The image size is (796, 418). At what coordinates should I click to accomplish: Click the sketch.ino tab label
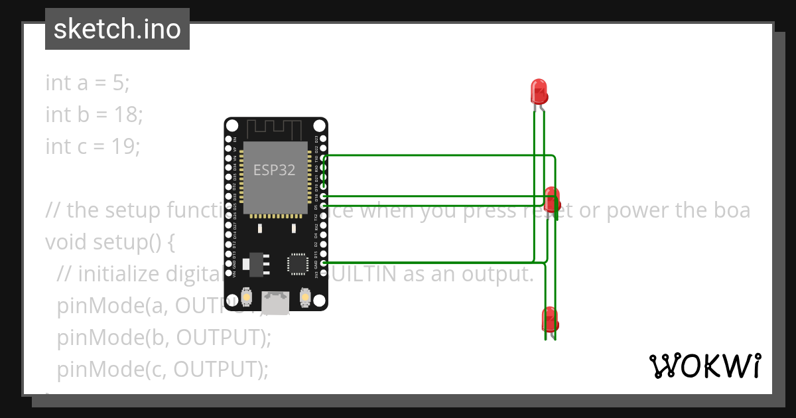click(117, 29)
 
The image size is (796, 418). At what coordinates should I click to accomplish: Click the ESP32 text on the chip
click(274, 170)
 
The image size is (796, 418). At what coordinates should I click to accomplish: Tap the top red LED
click(539, 91)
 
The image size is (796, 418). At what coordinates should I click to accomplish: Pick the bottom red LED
click(550, 319)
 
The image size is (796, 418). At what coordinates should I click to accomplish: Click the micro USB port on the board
click(275, 303)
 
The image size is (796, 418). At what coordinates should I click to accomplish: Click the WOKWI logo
click(704, 366)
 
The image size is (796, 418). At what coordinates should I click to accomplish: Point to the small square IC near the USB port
click(297, 263)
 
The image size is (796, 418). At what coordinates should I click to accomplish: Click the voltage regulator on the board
click(255, 264)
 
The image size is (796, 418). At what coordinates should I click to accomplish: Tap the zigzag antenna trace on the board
click(275, 127)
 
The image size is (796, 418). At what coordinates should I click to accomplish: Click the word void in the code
click(66, 242)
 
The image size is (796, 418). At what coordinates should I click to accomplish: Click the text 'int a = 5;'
click(88, 83)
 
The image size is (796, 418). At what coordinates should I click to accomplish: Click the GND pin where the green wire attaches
click(324, 263)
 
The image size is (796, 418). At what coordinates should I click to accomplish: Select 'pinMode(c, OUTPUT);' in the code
click(163, 370)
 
